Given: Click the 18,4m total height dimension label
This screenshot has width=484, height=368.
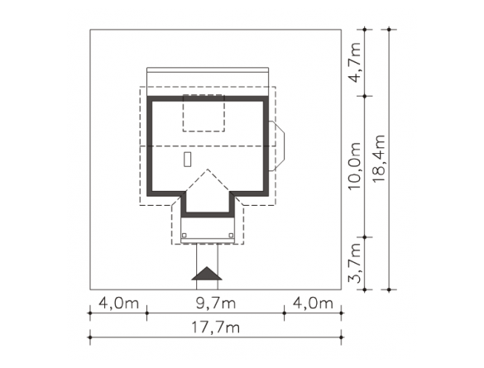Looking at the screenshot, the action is pyautogui.click(x=379, y=158).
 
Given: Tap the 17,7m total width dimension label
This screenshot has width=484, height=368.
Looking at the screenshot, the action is pyautogui.click(x=215, y=327).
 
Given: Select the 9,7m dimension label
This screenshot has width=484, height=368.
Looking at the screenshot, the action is pyautogui.click(x=216, y=303).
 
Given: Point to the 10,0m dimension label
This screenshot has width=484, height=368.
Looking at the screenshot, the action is pyautogui.click(x=354, y=166).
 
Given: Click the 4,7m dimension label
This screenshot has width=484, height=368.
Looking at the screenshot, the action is pyautogui.click(x=354, y=63).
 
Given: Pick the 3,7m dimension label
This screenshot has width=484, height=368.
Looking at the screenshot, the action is pyautogui.click(x=354, y=263).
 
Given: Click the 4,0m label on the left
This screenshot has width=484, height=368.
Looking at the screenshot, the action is pyautogui.click(x=118, y=303).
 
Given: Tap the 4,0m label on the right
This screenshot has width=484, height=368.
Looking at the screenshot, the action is pyautogui.click(x=313, y=303).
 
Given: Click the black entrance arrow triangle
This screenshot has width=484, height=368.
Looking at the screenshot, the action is pyautogui.click(x=207, y=274).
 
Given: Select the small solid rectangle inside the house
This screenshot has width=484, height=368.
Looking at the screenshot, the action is pyautogui.click(x=187, y=160).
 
